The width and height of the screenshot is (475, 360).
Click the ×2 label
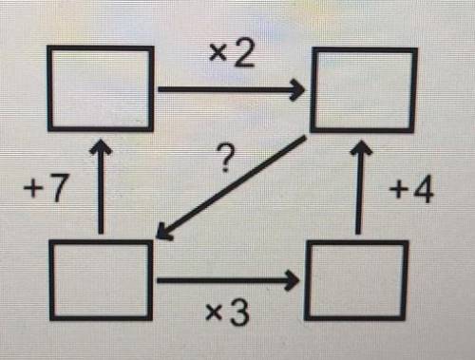coord(232,56)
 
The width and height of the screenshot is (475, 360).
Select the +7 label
coord(47,189)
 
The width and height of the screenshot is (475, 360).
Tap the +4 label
coord(411,191)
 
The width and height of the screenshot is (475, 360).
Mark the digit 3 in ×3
coord(239,313)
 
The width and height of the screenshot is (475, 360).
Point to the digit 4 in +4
coord(424,191)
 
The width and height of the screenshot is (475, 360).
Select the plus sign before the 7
coord(33,190)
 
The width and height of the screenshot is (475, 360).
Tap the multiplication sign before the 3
coord(214,313)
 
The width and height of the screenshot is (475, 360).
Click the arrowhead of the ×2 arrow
coord(296,90)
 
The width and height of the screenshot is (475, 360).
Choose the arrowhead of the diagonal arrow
coord(163,233)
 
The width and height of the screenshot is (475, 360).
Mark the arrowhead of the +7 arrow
coord(101,146)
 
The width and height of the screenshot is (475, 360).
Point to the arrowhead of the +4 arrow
coord(360,147)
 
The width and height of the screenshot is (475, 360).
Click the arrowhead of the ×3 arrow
coord(292,280)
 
